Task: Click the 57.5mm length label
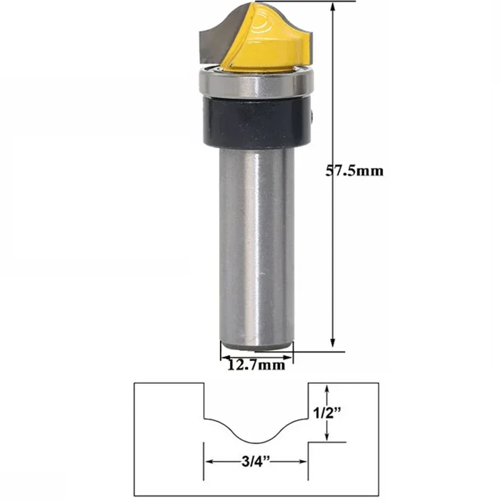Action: (x=355, y=170)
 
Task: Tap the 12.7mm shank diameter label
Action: (x=256, y=363)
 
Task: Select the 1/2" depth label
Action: (x=328, y=413)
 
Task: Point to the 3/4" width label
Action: (x=256, y=463)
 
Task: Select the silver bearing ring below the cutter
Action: (x=256, y=82)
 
